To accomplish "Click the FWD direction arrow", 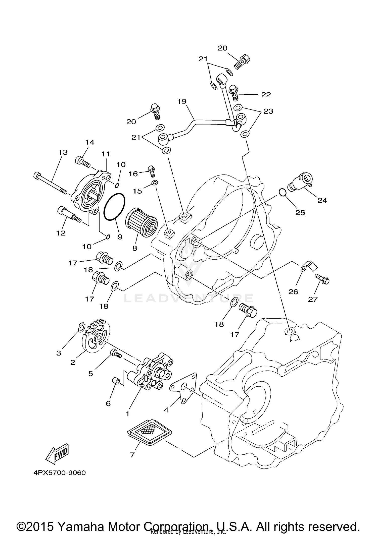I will click(57, 454).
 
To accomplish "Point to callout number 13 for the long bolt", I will click(63, 152).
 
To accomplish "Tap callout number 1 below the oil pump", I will click(127, 413).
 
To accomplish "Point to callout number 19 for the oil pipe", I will click(182, 101).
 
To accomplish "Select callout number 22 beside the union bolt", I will click(266, 95).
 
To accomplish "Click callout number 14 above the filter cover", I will click(89, 142).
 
